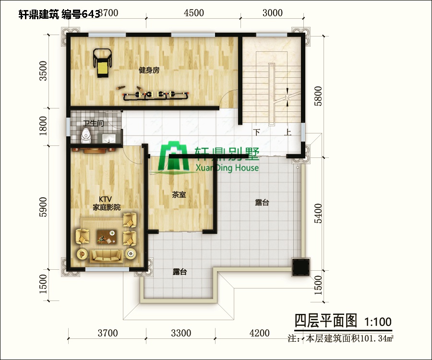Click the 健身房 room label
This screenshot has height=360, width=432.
tap(149, 70)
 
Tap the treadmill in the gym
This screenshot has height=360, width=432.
tap(102, 62)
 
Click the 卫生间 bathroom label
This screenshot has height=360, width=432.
tap(93, 123)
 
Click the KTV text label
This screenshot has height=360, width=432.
tap(106, 199)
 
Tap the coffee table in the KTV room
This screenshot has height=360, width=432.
tap(106, 236)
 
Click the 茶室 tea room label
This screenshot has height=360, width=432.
tap(179, 195)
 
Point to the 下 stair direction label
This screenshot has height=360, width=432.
tap(257, 132)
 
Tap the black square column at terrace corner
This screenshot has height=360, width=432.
tap(301, 266)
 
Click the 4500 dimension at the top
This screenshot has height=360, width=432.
tap(194, 13)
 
